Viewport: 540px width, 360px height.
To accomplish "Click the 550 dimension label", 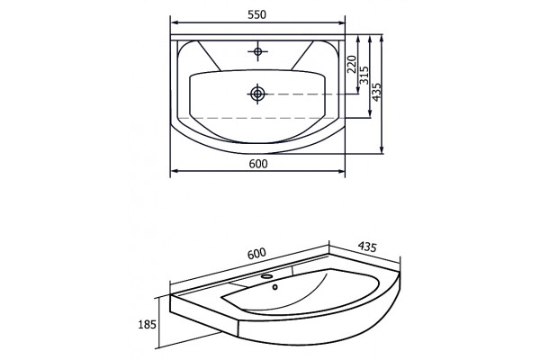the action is (x=256, y=14).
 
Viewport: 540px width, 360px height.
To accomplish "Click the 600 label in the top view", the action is (x=258, y=164).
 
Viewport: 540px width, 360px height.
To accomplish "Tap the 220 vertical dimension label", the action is (x=351, y=64).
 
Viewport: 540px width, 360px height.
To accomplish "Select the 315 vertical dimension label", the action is (x=364, y=75).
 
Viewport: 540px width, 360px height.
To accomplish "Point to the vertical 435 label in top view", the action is (x=377, y=92).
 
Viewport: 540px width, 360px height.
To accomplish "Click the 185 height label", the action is (x=147, y=325).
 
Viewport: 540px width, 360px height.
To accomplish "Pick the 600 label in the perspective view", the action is (x=256, y=254).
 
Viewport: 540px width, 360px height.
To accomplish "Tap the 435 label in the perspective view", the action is (x=367, y=247).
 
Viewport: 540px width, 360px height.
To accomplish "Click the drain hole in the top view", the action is (x=257, y=94).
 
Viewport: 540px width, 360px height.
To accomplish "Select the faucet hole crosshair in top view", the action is (x=257, y=51).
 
